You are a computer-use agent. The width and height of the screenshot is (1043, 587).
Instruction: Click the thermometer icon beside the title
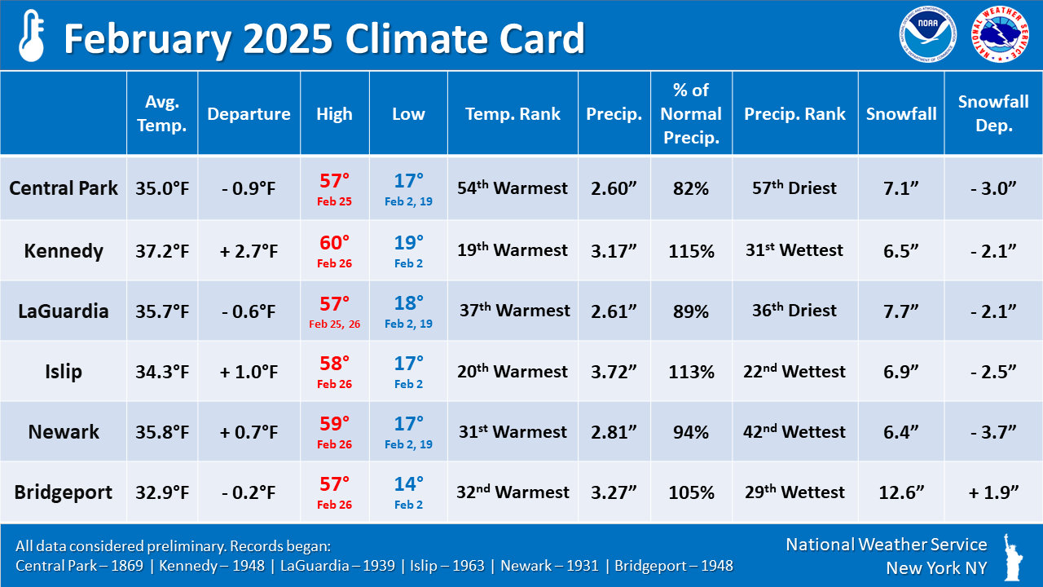pos(31,37)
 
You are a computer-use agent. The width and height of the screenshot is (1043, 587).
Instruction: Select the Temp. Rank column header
pos(513,114)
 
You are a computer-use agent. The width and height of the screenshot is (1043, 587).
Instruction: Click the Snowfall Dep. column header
pos(993,113)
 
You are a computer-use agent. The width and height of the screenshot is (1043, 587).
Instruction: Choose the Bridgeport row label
pos(64,492)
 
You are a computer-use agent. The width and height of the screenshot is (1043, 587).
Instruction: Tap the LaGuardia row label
pos(64,311)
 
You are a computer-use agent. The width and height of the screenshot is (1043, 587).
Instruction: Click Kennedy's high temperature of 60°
pos(334,242)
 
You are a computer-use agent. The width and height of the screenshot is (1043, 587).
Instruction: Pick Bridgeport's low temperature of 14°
pos(408,484)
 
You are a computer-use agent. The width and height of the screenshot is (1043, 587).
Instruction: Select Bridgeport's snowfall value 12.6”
pos(901,492)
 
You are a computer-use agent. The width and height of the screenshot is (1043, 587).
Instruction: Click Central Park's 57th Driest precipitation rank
pos(794,188)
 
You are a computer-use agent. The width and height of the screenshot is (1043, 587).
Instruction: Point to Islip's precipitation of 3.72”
pos(614,372)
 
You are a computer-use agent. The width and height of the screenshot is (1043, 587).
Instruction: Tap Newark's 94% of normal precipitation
pos(691,432)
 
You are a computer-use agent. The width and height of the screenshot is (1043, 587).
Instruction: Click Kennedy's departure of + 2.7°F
pos(249,250)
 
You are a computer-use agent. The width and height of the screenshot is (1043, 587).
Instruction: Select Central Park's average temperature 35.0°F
pos(162,188)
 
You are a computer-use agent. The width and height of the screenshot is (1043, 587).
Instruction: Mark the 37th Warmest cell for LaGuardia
pos(514,311)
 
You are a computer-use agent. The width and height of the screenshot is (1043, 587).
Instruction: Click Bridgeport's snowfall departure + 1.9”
pos(993,492)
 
